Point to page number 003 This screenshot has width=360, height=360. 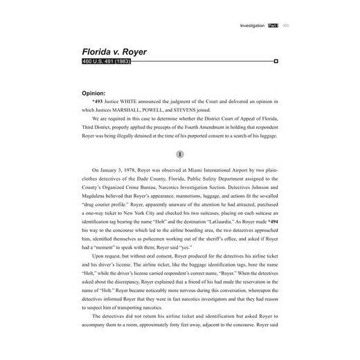(286, 25)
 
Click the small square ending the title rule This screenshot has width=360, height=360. (276, 62)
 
